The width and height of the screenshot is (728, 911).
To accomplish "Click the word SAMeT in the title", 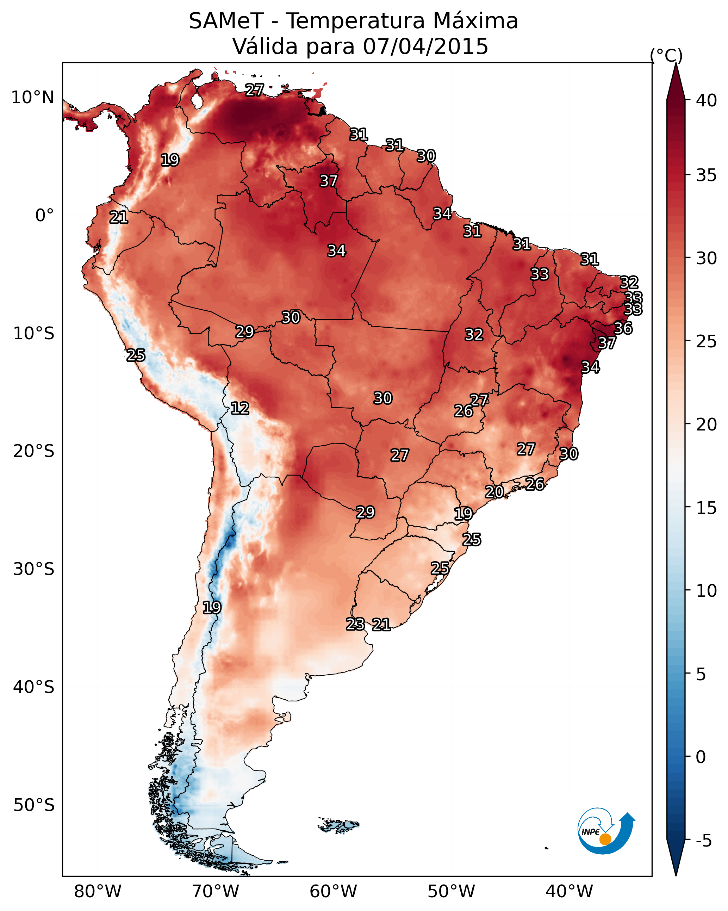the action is click(226, 21).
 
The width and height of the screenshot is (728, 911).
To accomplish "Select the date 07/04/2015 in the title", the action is click(425, 47).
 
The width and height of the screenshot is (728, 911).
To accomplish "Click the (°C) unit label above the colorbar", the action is click(666, 55).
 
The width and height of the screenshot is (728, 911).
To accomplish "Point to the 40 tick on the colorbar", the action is click(707, 100).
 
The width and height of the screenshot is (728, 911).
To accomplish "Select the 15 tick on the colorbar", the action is click(707, 508).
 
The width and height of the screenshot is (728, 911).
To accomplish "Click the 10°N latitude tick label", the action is click(32, 98).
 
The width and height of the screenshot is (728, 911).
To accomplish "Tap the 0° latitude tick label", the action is click(45, 216).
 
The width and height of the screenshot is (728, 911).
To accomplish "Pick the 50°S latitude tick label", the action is click(34, 805).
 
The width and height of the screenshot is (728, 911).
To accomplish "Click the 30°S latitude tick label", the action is click(34, 569).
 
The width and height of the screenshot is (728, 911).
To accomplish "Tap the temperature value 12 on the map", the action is click(240, 408).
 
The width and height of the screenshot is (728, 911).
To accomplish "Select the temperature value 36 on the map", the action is click(623, 328).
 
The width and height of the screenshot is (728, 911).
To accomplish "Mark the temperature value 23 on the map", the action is click(355, 624).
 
